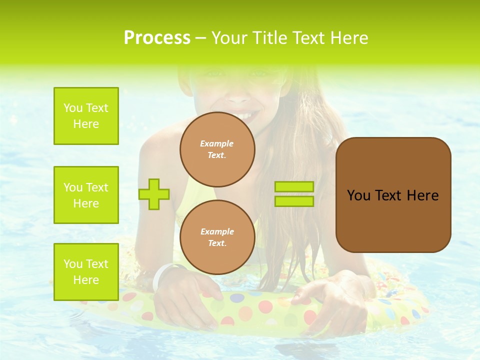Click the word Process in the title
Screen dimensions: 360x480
coord(157,38)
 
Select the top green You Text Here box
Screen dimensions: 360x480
coord(86,116)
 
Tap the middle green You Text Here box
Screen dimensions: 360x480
coord(86,195)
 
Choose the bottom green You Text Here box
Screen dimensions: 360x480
coord(86,272)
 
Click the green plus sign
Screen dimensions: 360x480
coord(154,194)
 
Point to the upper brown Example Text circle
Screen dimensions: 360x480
coord(217,149)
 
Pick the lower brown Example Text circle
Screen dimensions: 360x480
coord(217,237)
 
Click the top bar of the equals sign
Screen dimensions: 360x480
coord(294,187)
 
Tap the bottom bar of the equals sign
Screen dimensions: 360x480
coord(294,201)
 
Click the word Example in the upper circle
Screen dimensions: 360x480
coord(217,143)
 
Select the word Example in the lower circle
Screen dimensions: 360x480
coord(217,231)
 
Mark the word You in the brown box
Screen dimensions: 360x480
coord(358,195)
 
